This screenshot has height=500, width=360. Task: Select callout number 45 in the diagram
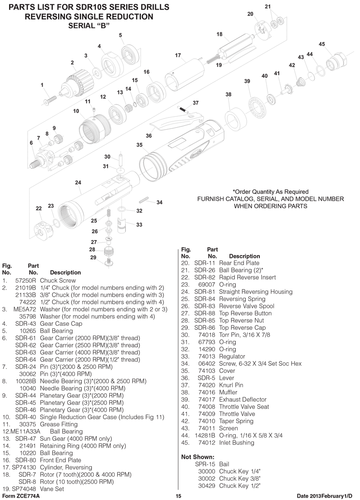click(x=322, y=44)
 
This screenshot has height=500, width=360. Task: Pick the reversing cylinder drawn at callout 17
click(x=185, y=76)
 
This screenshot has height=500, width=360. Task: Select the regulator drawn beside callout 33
click(x=122, y=225)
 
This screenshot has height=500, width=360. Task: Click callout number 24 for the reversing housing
click(x=78, y=182)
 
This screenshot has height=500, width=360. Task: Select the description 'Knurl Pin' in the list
click(x=231, y=385)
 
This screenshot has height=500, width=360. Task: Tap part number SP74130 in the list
click(x=24, y=468)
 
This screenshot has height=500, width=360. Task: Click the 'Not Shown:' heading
click(x=198, y=457)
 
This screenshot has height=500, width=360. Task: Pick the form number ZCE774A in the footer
click(x=27, y=496)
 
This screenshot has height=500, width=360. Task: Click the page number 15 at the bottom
click(x=178, y=496)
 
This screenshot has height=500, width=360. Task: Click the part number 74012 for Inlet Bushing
click(x=207, y=442)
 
